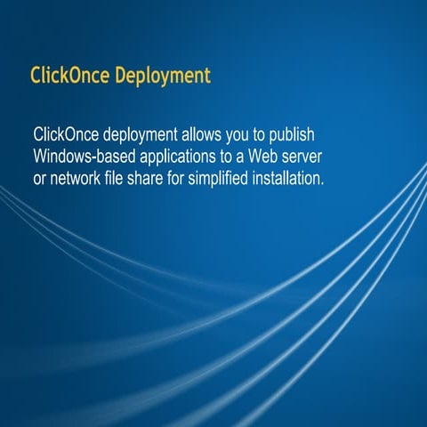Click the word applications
177,157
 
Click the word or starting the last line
40,179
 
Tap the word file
126,178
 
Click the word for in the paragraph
197,178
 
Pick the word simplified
240,179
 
